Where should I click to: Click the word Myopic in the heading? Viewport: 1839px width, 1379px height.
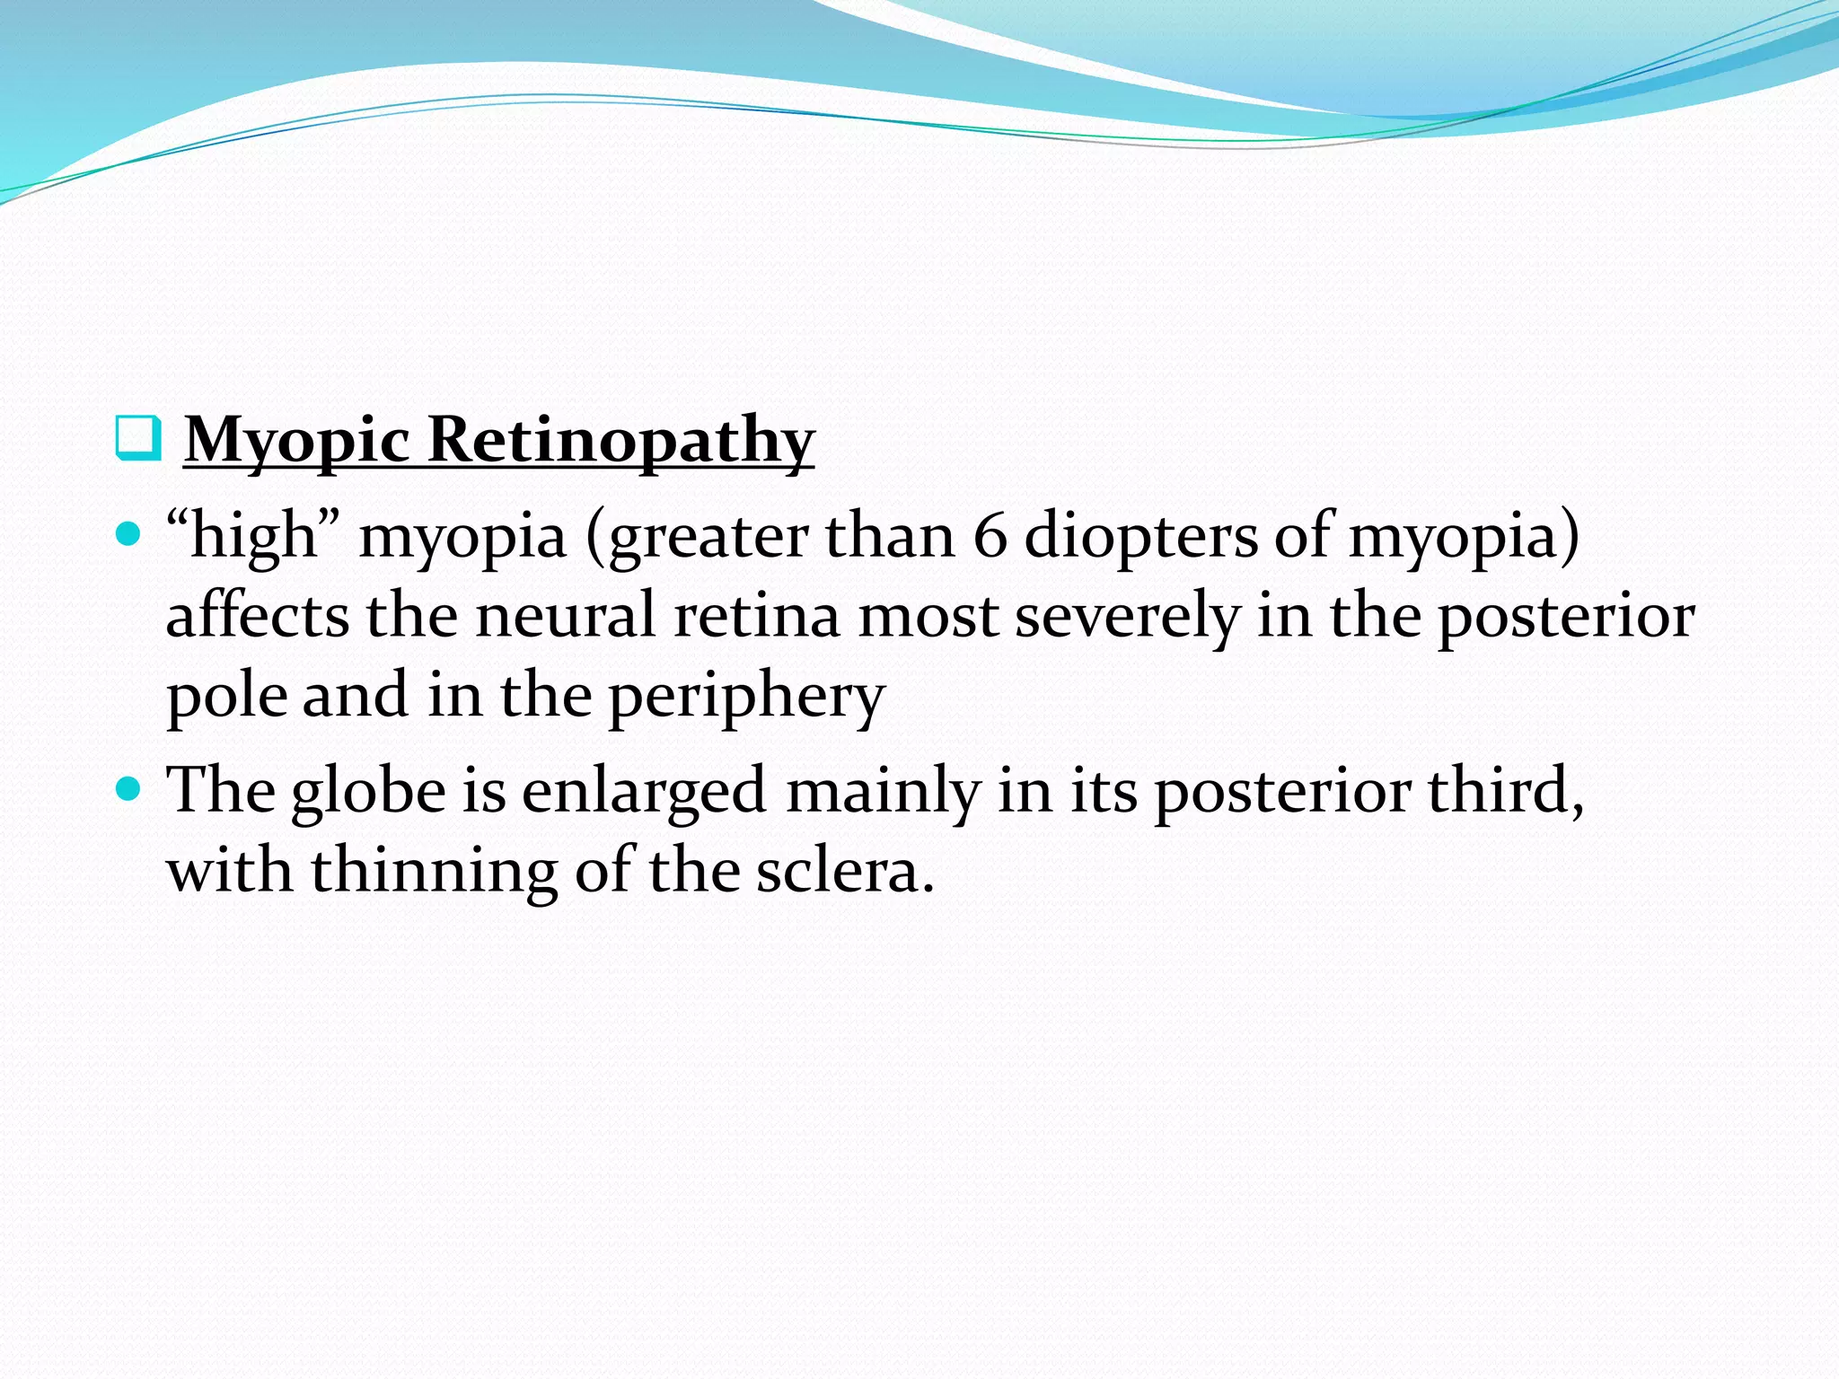(296, 441)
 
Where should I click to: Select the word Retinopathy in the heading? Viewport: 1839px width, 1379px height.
(620, 441)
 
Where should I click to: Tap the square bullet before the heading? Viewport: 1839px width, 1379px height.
(138, 438)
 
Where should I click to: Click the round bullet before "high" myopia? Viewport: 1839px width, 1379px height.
(129, 535)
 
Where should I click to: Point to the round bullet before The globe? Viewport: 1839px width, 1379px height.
(129, 790)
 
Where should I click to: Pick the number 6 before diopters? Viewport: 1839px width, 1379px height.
(990, 536)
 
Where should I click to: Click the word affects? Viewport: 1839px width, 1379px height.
(258, 616)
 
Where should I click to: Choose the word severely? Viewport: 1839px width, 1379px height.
(1128, 616)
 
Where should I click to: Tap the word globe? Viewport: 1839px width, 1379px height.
(368, 791)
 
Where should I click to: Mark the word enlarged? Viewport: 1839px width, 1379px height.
(643, 791)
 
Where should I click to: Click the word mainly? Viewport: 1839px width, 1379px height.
(884, 791)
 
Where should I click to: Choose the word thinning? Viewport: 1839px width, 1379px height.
(435, 871)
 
